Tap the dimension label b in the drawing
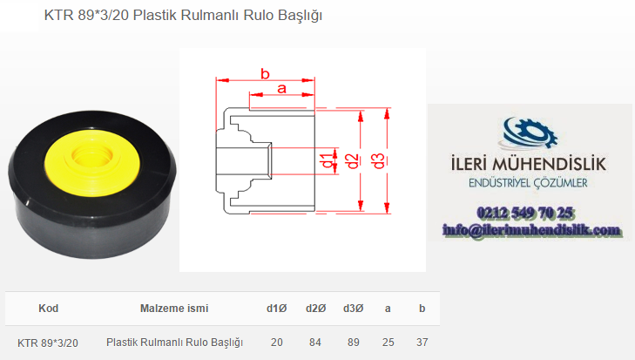click(x=265, y=74)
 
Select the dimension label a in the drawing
click(x=282, y=88)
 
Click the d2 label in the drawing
click(x=352, y=161)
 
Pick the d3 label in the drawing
click(x=378, y=161)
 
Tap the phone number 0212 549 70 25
click(x=525, y=213)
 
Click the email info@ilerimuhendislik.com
click(x=531, y=230)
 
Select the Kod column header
click(x=49, y=309)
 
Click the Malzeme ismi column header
click(x=174, y=309)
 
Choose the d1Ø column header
click(x=277, y=309)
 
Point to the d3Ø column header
click(x=353, y=309)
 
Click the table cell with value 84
click(x=315, y=343)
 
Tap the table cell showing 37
click(x=422, y=343)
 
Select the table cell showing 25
click(x=388, y=343)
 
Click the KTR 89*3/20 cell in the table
click(x=48, y=343)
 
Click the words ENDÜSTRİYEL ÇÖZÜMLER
click(x=528, y=183)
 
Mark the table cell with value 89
click(x=353, y=343)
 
